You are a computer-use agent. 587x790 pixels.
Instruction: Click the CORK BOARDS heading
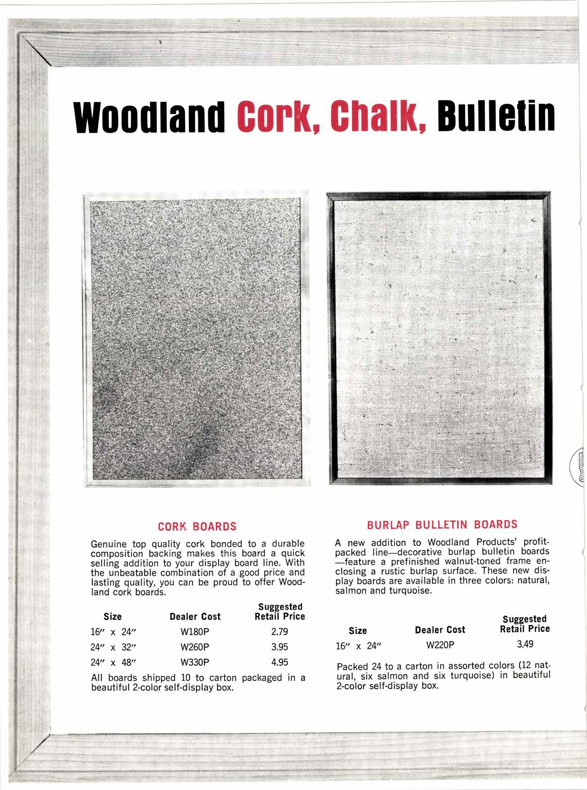click(x=197, y=526)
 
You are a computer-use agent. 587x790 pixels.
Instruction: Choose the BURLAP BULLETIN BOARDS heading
click(x=442, y=525)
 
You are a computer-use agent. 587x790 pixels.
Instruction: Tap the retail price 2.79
click(x=280, y=632)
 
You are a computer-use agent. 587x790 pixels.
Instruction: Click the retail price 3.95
click(x=280, y=647)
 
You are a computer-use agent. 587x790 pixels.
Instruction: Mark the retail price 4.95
click(x=280, y=662)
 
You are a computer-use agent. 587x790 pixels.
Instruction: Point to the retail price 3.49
click(x=525, y=644)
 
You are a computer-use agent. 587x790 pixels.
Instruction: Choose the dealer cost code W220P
click(x=440, y=645)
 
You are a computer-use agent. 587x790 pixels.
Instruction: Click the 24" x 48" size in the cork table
click(x=110, y=663)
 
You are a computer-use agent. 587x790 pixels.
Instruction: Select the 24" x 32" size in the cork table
click(x=110, y=647)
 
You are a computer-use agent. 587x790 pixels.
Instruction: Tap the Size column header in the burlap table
click(x=358, y=630)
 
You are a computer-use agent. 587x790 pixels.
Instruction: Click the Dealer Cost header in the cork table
click(x=195, y=616)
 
